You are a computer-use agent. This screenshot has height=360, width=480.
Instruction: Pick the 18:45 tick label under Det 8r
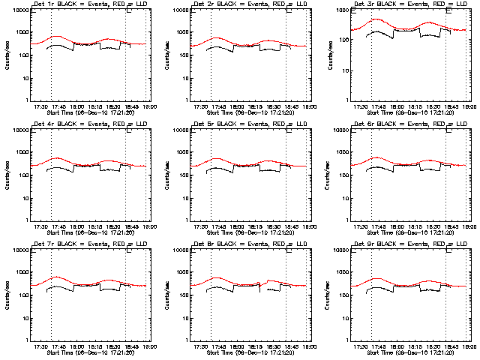coord(290,347)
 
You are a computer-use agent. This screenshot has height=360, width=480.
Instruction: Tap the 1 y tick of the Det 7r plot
coord(25,340)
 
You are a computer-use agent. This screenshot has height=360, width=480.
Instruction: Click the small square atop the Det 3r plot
coord(448,9)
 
